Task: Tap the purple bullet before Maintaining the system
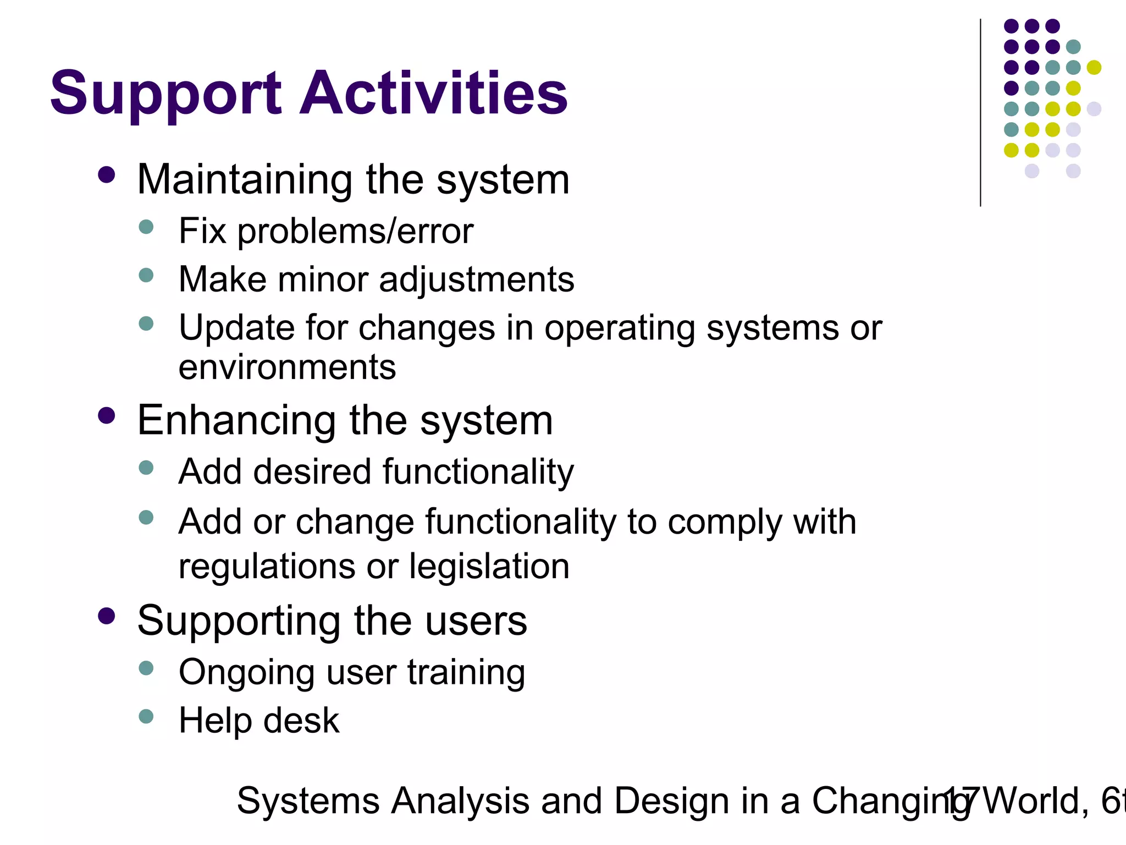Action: (x=106, y=175)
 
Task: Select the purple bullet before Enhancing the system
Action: (x=106, y=416)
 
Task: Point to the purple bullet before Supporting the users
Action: (x=106, y=616)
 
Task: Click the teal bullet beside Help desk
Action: (x=146, y=716)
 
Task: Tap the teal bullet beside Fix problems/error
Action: (x=146, y=227)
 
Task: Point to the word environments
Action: (x=287, y=367)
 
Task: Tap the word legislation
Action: (x=489, y=567)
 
